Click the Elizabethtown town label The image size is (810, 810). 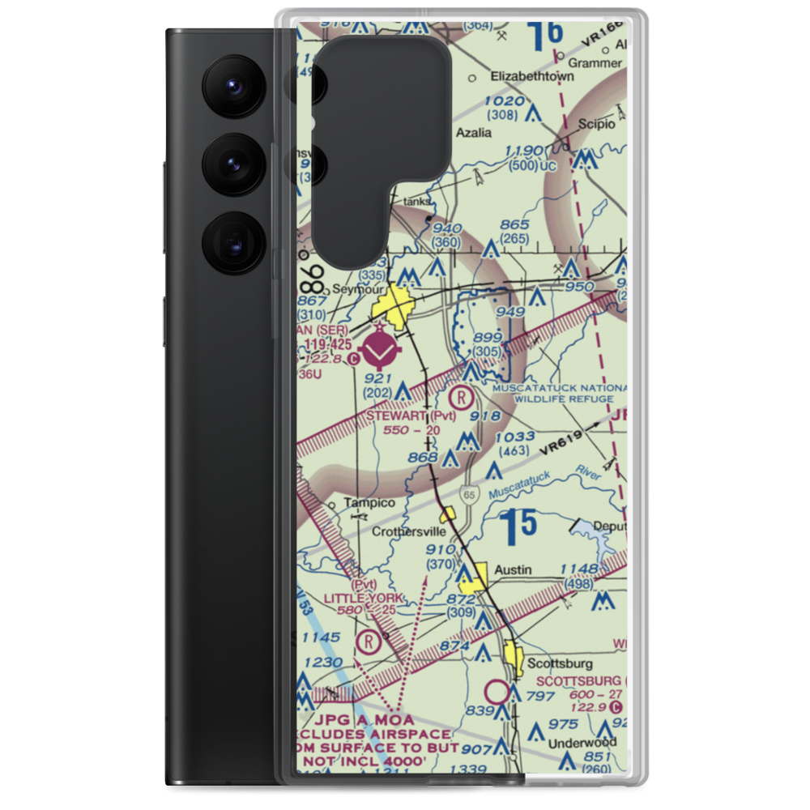[x=532, y=76]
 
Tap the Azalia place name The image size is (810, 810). [x=474, y=132]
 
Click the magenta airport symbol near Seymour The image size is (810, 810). [x=380, y=350]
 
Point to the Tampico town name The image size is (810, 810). [x=369, y=503]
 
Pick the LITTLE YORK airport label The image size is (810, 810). [x=362, y=599]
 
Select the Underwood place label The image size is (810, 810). [x=582, y=742]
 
